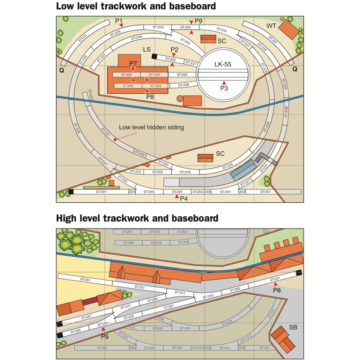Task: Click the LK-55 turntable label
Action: [x=223, y=64]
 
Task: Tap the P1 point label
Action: [x=119, y=21]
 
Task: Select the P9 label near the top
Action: [x=199, y=21]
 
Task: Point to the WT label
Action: [x=271, y=26]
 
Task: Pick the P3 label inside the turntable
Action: [x=224, y=87]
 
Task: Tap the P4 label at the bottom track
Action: [x=184, y=198]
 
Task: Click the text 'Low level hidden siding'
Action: [x=152, y=127]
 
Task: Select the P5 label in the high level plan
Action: [x=105, y=337]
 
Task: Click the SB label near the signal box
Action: [x=293, y=328]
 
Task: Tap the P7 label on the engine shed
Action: [x=134, y=63]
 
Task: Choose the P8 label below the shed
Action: [x=150, y=96]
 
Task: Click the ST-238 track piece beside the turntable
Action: [x=183, y=85]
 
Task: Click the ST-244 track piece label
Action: [x=222, y=29]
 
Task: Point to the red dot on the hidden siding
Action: [x=115, y=139]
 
